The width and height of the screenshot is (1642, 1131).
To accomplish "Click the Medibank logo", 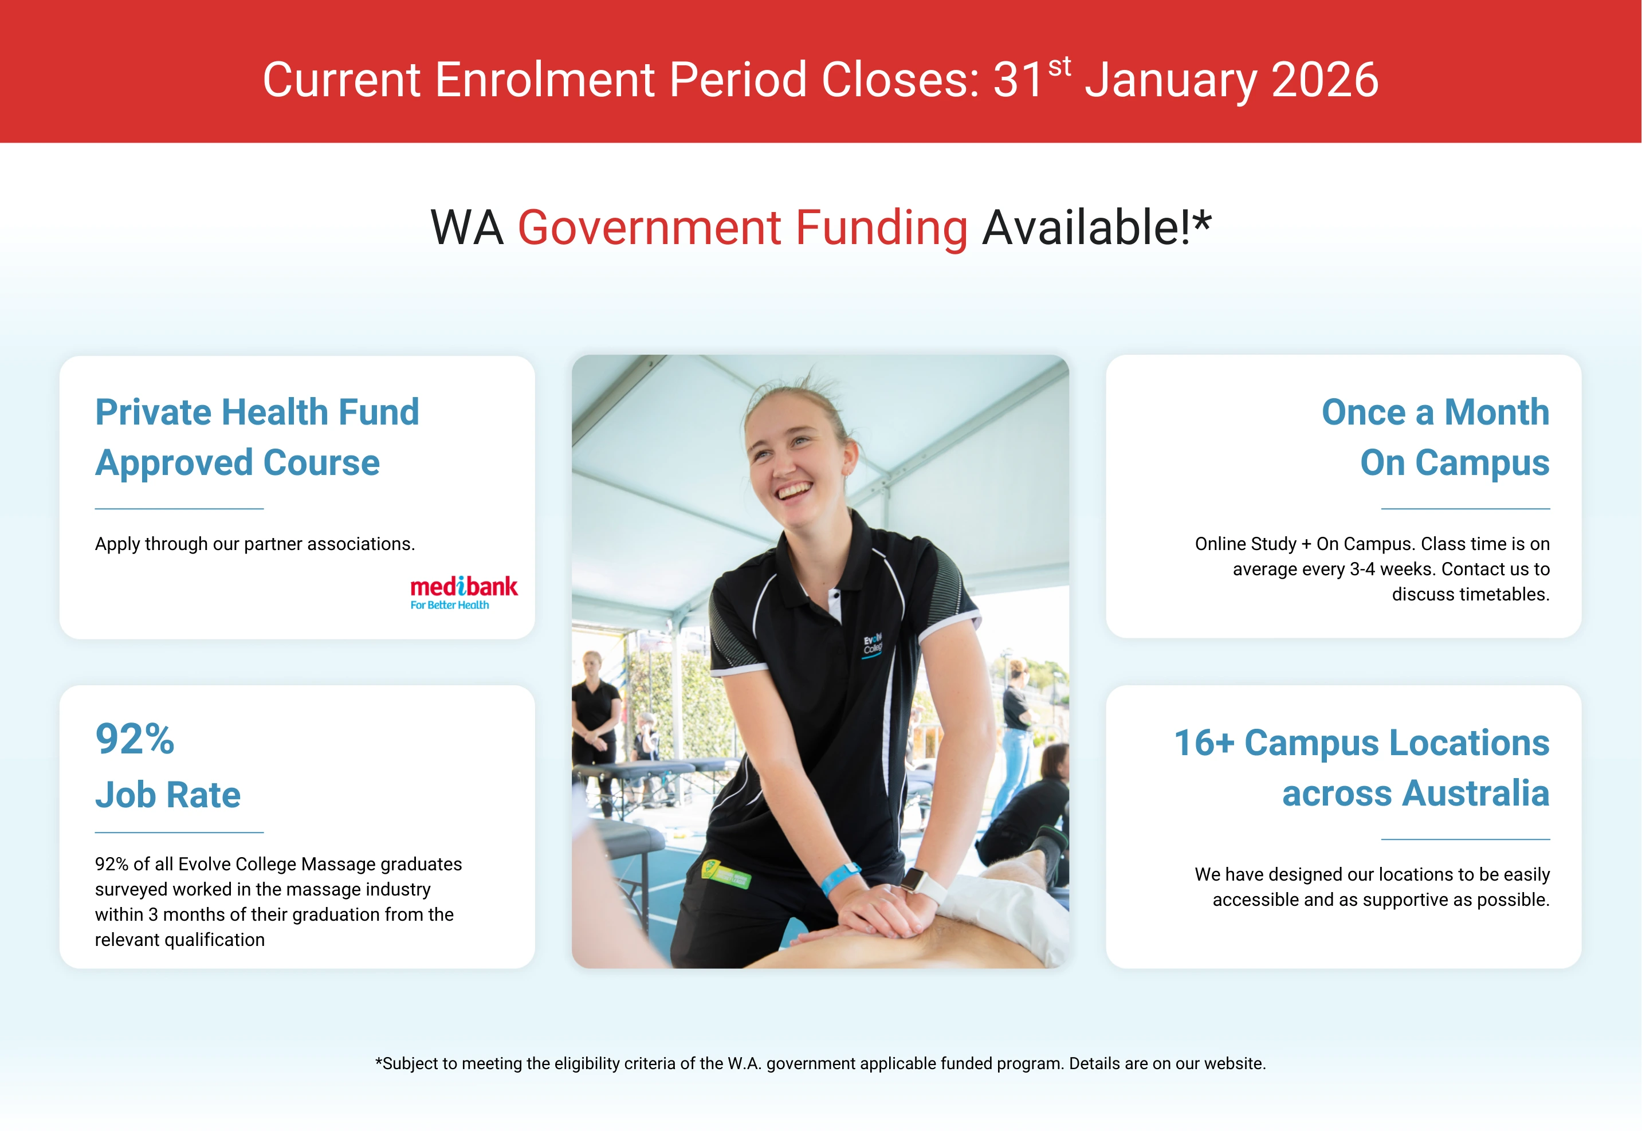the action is (x=464, y=592).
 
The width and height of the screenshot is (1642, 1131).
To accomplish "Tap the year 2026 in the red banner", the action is (x=1325, y=80).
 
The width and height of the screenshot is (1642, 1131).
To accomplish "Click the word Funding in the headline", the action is (x=881, y=227).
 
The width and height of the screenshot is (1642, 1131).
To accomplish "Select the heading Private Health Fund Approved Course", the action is (x=257, y=437).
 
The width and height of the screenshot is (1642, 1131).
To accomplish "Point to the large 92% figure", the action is (x=135, y=739).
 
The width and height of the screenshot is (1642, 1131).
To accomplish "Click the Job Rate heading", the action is (x=168, y=794).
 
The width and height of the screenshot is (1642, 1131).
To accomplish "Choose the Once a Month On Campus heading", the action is (x=1435, y=437).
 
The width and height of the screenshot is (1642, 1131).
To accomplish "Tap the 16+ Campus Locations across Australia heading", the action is (x=1361, y=768).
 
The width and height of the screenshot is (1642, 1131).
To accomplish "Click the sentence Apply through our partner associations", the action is (x=255, y=544).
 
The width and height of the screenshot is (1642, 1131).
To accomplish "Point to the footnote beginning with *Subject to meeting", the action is (x=820, y=1063).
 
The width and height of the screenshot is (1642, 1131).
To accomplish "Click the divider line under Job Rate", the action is (x=179, y=832).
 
